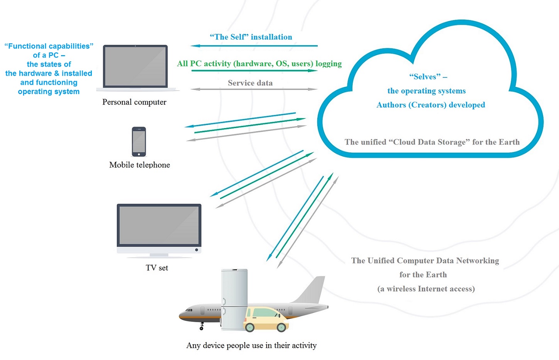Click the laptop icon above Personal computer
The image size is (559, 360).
pos(136,67)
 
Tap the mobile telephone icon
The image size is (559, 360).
pos(139,142)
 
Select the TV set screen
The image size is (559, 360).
pos(159,225)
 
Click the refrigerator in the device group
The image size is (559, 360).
pos(234,299)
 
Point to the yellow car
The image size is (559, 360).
pos(266,319)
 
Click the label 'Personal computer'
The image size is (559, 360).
pos(134,102)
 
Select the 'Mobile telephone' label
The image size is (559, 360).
pos(139,165)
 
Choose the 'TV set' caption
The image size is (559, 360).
pos(157,268)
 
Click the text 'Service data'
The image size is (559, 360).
pos(250,83)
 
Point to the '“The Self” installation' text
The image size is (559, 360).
pos(251,37)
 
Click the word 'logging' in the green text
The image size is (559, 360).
pos(329,64)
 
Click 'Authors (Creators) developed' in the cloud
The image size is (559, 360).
pos(431,105)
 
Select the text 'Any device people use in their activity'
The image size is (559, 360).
pos(251,345)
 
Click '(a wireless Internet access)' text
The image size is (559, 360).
pos(426,289)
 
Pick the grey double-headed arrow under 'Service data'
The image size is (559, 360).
pos(254,89)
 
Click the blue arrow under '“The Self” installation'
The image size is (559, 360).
pos(254,46)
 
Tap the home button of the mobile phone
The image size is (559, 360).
pos(139,154)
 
